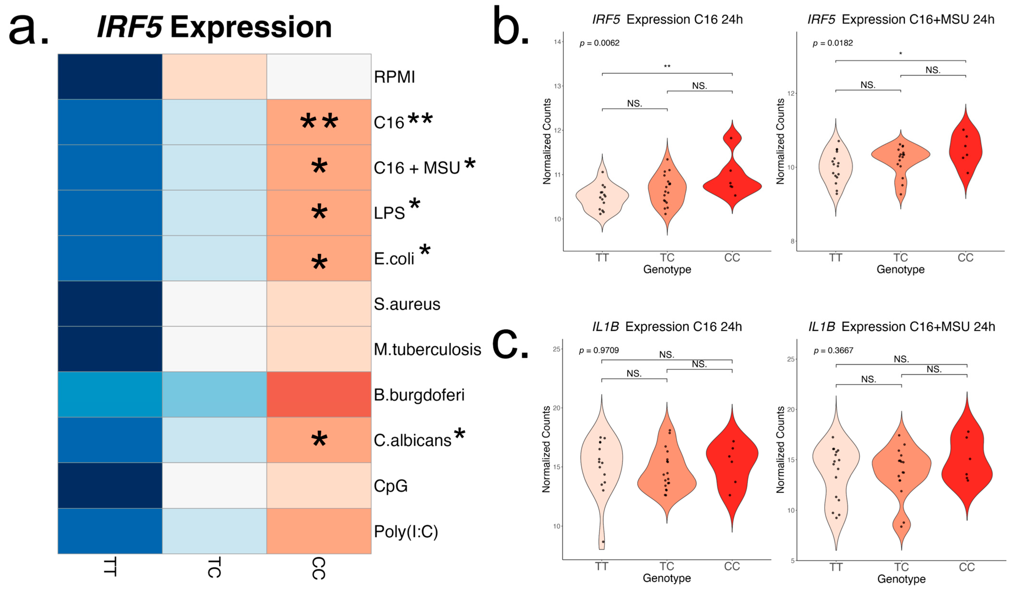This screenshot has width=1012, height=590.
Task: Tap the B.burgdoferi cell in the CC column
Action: point(319,394)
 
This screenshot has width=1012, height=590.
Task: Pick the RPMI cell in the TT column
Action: point(110,77)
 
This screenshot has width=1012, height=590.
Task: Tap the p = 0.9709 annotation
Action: point(599,350)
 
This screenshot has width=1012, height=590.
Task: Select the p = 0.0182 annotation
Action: point(832,43)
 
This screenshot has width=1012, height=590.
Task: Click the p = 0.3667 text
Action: point(833,350)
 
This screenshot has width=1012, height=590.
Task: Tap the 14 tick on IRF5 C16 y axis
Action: point(557,42)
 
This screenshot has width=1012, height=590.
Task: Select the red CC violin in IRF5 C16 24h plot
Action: point(732,185)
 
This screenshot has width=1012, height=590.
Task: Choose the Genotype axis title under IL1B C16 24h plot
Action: point(667,578)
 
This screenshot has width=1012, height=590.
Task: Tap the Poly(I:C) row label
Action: point(406,531)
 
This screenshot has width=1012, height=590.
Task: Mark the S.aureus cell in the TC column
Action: point(214,304)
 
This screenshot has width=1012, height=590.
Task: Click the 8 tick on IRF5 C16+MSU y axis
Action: point(792,241)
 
